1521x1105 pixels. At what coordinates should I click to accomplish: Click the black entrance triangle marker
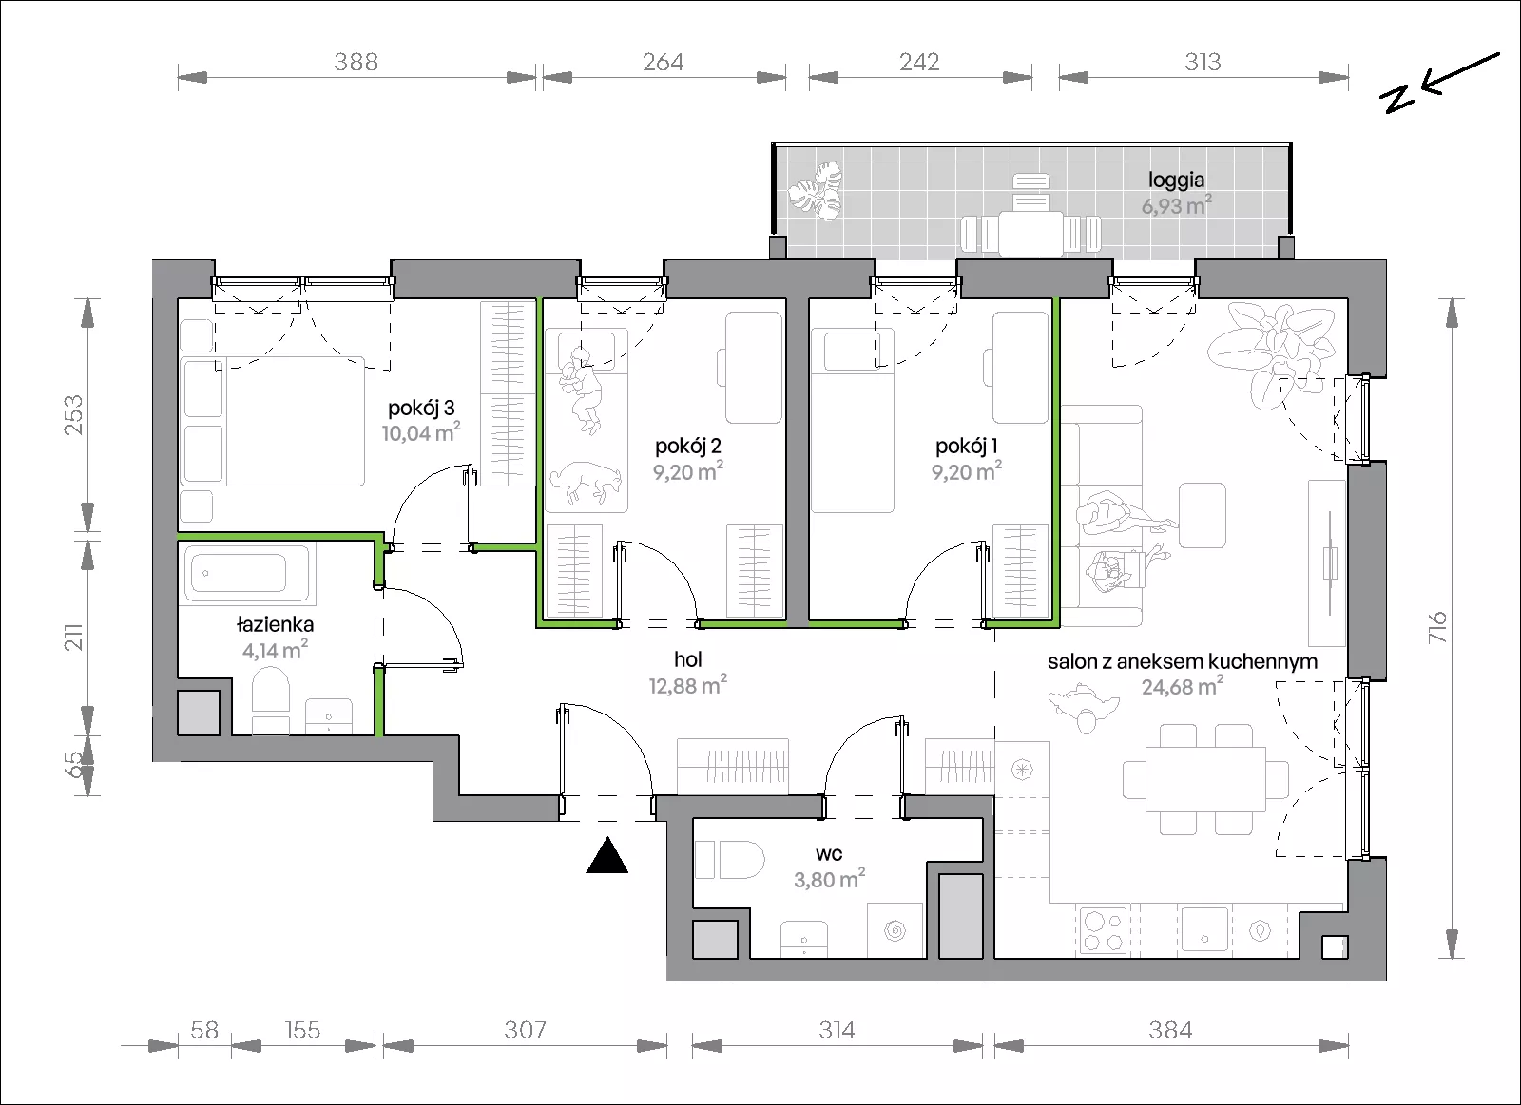[x=607, y=855]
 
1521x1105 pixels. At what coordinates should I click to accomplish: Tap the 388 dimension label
[x=356, y=63]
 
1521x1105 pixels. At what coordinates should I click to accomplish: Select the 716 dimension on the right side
[x=1437, y=627]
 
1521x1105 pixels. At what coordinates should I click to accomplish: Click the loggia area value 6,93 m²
[x=1176, y=205]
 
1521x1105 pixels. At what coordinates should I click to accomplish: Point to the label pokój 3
[x=421, y=408]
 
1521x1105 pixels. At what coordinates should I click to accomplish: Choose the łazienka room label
[x=275, y=624]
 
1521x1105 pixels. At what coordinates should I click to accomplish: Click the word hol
[x=688, y=659]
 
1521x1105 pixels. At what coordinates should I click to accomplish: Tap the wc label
[x=829, y=854]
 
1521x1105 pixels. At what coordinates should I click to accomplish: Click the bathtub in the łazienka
[x=247, y=574]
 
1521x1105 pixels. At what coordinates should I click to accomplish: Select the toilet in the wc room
[x=730, y=861]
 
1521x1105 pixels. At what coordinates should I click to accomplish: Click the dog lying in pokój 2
[x=586, y=483]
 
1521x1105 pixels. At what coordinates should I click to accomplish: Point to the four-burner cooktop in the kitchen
[x=1102, y=930]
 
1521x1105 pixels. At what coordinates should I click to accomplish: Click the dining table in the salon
[x=1205, y=779]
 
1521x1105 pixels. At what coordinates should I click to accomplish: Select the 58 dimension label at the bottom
[x=204, y=1030]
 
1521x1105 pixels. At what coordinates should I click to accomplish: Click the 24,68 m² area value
[x=1183, y=686]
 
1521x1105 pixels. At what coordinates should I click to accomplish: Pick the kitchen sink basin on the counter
[x=1204, y=930]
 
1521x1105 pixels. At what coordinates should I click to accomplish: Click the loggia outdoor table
[x=1030, y=233]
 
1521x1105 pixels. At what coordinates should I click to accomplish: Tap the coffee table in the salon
[x=1202, y=515]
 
